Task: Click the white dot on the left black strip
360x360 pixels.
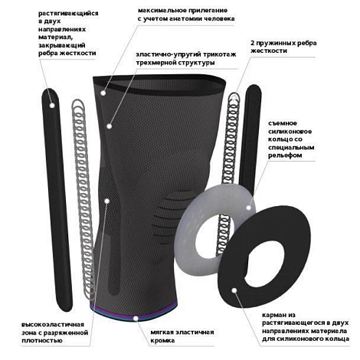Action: pyautogui.click(x=52, y=105)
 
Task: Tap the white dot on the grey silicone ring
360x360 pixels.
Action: pyautogui.click(x=249, y=208)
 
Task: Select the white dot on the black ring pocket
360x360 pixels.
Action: pyautogui.click(x=234, y=290)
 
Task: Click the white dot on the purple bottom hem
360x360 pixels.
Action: pyautogui.click(x=136, y=318)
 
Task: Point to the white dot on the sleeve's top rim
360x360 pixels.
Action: pyautogui.click(x=103, y=93)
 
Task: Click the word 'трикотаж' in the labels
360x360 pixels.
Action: pyautogui.click(x=218, y=54)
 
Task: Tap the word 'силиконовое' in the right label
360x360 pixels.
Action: pyautogui.click(x=290, y=132)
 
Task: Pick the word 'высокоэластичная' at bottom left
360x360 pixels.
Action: pyautogui.click(x=53, y=325)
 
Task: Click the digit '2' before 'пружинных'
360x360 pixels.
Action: pyautogui.click(x=253, y=43)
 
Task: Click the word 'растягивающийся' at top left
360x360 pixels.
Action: pyautogui.click(x=68, y=13)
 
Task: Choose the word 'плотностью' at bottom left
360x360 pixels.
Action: pyautogui.click(x=42, y=341)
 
